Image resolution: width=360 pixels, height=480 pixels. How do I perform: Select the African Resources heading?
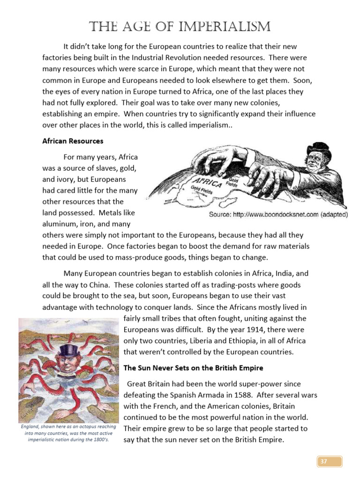tap(73, 141)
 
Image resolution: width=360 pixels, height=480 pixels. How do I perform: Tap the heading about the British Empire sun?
tap(193, 367)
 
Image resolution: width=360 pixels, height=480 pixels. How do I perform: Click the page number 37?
tap(323, 462)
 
